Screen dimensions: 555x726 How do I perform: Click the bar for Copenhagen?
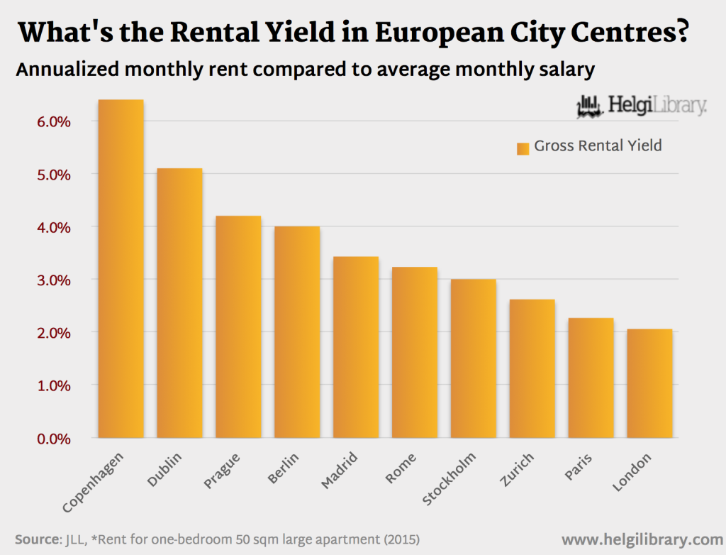pyautogui.click(x=121, y=269)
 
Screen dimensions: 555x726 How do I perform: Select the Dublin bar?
pyautogui.click(x=179, y=303)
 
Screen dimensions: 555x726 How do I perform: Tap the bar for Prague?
pyautogui.click(x=238, y=327)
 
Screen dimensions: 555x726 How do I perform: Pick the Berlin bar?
pyautogui.click(x=297, y=332)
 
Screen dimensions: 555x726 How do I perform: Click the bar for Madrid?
pyautogui.click(x=356, y=347)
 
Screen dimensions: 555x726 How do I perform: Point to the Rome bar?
pyautogui.click(x=415, y=353)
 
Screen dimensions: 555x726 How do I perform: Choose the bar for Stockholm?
pyautogui.click(x=474, y=358)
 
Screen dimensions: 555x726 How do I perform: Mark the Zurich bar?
pyautogui.click(x=532, y=369)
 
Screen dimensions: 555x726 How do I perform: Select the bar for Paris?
pyautogui.click(x=591, y=378)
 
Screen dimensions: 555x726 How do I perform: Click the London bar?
pyautogui.click(x=649, y=383)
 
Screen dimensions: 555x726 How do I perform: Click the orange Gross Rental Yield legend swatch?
pyautogui.click(x=523, y=148)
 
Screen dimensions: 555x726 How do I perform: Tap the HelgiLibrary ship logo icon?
pyautogui.click(x=590, y=106)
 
